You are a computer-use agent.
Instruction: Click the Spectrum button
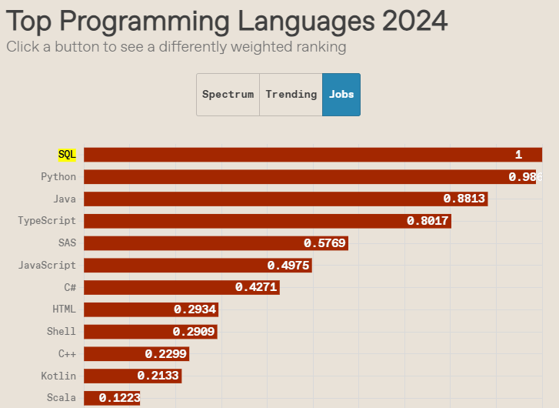coord(228,95)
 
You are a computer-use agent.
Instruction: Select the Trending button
coord(291,95)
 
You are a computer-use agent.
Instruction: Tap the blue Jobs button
coord(341,95)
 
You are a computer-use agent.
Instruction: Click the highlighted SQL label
coord(67,155)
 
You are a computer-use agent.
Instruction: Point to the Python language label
coord(58,177)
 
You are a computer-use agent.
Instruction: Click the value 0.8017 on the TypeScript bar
coord(428,222)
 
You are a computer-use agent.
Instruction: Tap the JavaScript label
coord(47,266)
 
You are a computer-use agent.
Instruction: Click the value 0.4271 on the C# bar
coord(256,288)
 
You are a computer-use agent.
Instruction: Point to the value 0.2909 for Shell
coord(194,333)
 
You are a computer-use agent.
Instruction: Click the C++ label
coord(67,354)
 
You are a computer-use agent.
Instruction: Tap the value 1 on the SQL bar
coord(518,155)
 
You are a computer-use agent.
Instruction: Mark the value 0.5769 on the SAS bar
coord(325,243)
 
